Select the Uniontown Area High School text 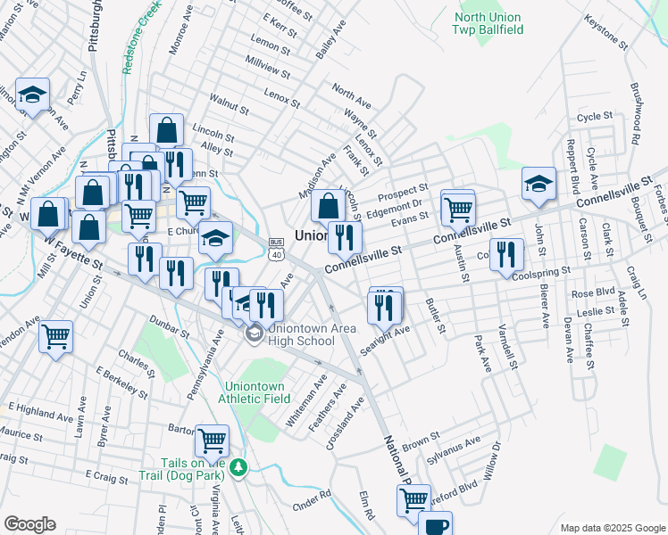click(x=300, y=334)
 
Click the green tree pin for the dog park click(x=238, y=467)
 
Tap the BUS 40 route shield click(x=276, y=249)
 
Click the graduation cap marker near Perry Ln click(x=33, y=95)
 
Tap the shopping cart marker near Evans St click(x=458, y=209)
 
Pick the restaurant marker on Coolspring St click(x=506, y=254)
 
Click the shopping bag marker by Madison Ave click(x=329, y=206)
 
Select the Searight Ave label click(x=385, y=341)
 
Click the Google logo click(x=29, y=524)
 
